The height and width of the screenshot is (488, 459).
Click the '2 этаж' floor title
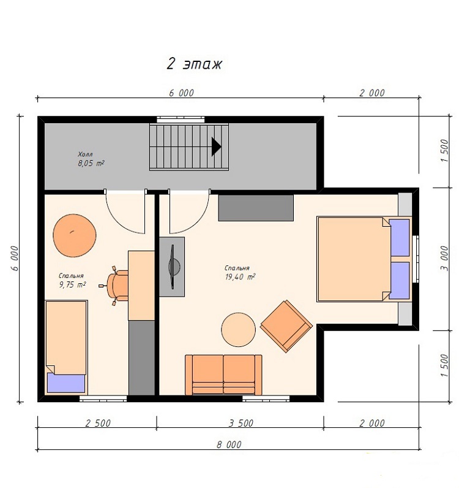pos(194,64)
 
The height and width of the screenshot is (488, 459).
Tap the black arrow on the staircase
pos(216,147)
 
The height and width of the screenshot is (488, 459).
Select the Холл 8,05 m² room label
pos(91,159)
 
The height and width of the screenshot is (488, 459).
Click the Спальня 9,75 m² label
pos(72,280)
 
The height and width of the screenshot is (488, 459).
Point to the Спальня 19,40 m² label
pos(240,273)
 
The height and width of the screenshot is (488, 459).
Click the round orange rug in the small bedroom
pos(75,235)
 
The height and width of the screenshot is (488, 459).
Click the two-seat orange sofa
pos(223,375)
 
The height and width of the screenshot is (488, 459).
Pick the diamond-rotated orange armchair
pos(286,326)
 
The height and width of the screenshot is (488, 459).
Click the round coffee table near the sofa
pos(238,330)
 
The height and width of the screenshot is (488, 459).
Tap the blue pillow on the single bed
pos(66,383)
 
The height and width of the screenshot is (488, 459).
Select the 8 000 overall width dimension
pos(229,444)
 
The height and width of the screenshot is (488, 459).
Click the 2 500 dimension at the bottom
pos(98,423)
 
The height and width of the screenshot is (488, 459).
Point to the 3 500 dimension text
pos(241,423)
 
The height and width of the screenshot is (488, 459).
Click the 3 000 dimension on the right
pos(445,258)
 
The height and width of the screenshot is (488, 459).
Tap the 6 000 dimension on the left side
pos(15,259)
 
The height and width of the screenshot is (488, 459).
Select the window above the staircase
pos(181,120)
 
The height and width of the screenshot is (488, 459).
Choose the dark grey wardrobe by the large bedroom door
pos(256,208)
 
